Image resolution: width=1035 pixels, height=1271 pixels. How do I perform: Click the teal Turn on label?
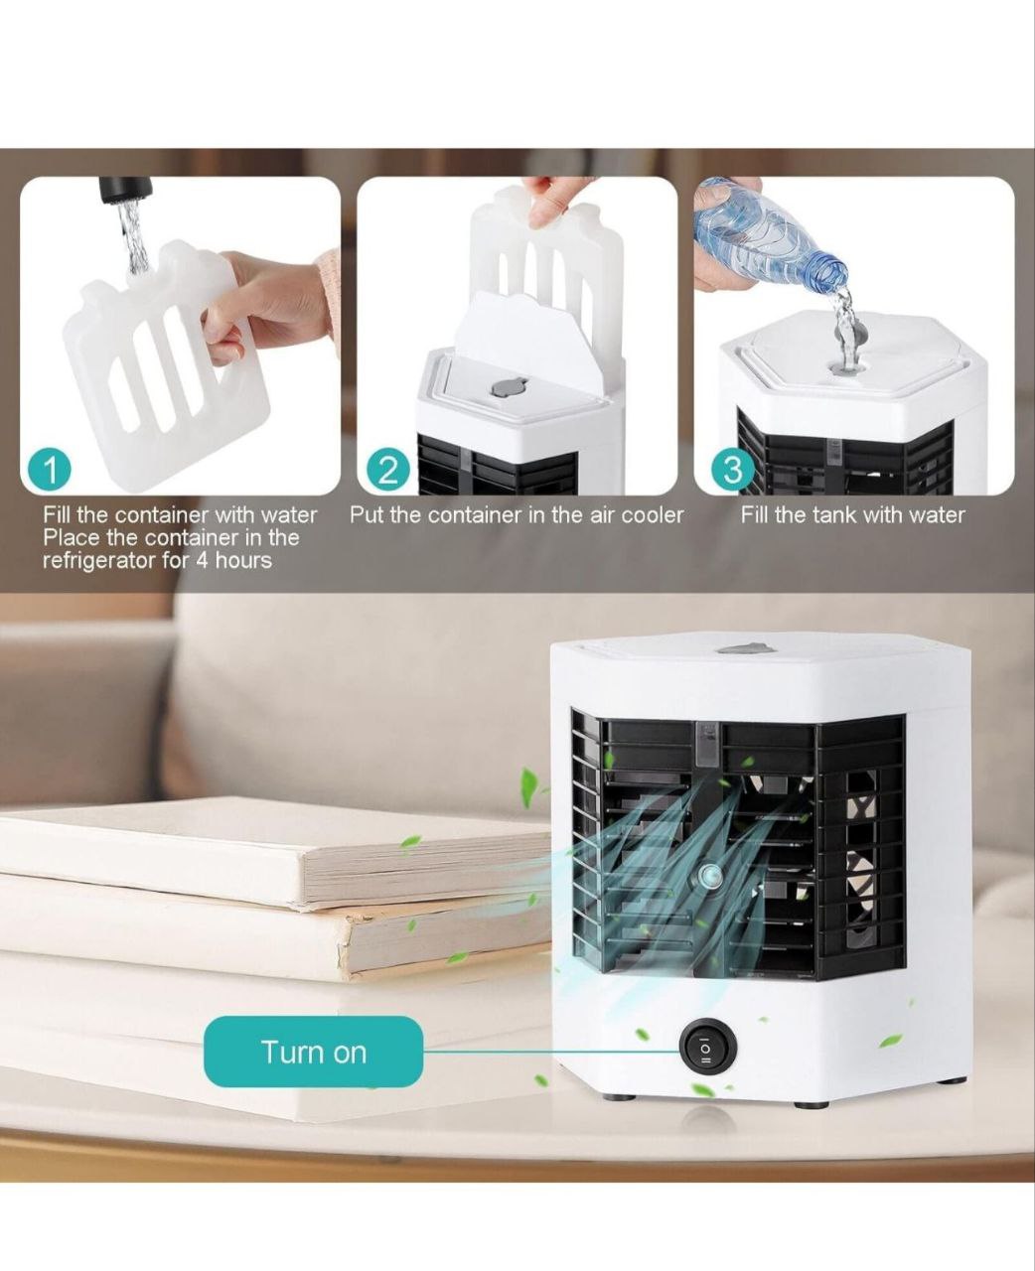313,1052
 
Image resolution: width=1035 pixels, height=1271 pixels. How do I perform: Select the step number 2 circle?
388,469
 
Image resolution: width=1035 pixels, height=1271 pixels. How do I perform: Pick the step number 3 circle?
733,469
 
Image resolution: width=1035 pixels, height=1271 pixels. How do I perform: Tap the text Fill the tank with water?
852,514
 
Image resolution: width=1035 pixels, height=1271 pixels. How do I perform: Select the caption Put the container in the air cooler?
517,514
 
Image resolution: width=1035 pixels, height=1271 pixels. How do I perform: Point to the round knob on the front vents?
709,875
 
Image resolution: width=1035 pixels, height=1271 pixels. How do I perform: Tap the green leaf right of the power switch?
891,1041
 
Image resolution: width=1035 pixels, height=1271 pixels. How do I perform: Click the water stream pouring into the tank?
844,328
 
